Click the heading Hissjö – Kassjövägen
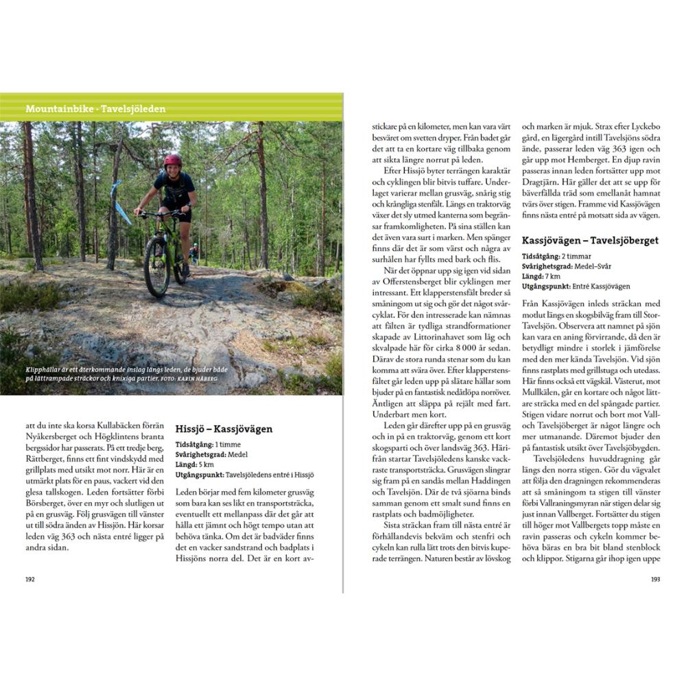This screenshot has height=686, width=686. (224, 429)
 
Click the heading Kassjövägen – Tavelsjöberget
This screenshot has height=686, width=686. (590, 241)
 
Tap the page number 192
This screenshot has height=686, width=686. (30, 579)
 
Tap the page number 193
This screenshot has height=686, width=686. (655, 579)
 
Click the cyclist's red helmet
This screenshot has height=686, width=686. (173, 161)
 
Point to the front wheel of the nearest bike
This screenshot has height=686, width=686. (157, 266)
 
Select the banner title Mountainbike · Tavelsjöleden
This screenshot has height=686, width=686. (95, 109)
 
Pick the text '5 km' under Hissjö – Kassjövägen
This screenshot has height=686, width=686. (206, 464)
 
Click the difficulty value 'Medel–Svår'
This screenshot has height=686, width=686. (593, 266)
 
